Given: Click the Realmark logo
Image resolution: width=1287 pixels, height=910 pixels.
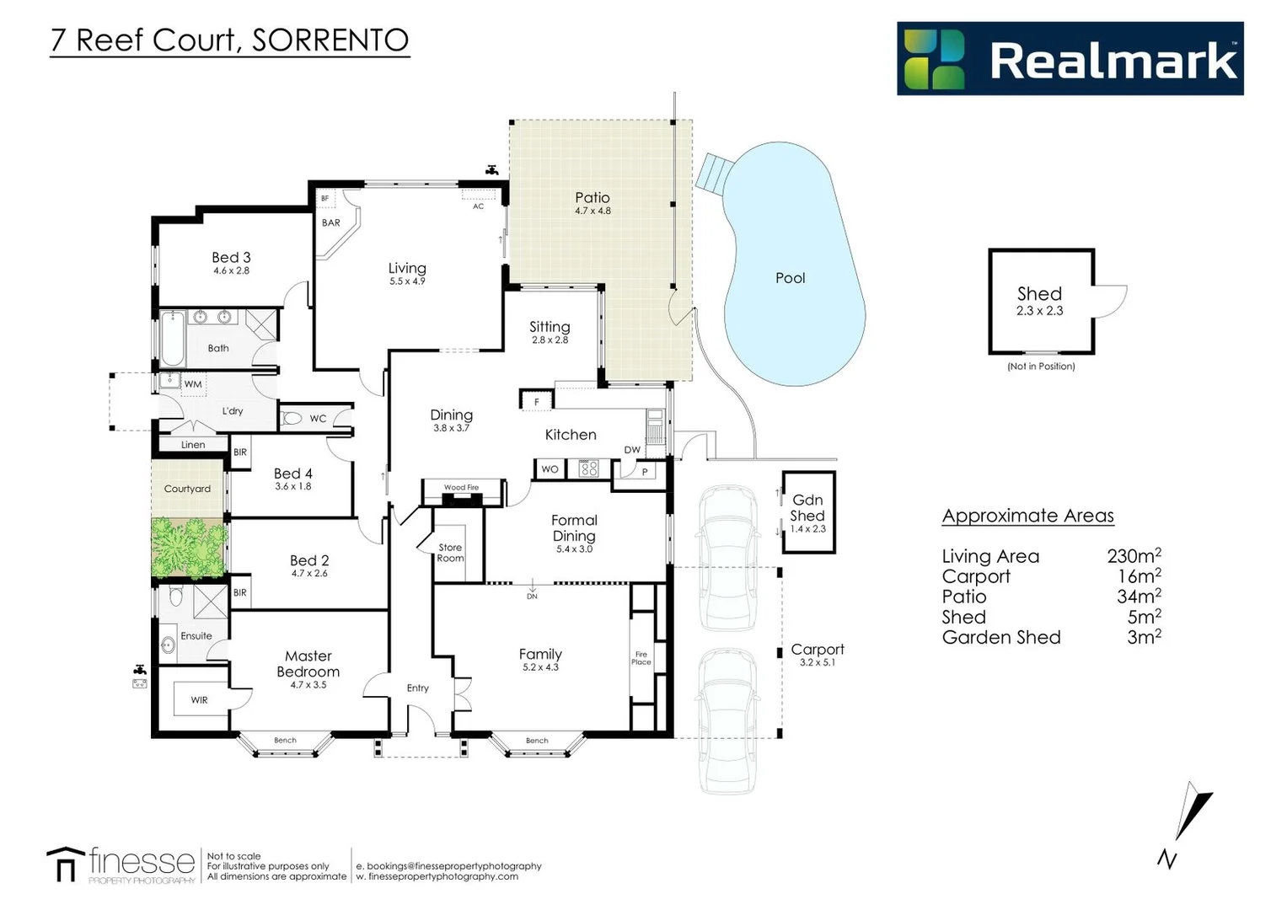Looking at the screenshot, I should [1070, 59].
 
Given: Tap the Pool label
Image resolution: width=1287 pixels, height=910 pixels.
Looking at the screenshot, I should [790, 278].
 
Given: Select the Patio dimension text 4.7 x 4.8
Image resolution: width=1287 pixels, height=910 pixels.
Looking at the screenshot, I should [593, 211].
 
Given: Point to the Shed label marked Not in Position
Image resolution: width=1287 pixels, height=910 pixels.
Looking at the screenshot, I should [1039, 294].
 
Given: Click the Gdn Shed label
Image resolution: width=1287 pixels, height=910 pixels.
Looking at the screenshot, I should [807, 507].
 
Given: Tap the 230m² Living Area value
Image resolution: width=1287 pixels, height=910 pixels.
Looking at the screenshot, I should [1134, 556].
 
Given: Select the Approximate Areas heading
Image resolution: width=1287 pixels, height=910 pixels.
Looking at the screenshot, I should [1027, 516].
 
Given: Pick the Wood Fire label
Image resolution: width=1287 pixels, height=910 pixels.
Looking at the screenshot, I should [461, 488].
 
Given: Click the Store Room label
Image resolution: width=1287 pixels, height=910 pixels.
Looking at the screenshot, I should [450, 553].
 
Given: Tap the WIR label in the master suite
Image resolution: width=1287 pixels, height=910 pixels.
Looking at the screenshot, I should [199, 700].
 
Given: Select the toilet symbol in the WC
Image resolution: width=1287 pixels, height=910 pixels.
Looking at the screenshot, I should [292, 418].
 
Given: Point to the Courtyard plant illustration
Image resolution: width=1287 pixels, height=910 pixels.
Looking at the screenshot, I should [188, 548].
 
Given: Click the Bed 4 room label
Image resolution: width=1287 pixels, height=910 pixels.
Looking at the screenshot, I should [292, 474].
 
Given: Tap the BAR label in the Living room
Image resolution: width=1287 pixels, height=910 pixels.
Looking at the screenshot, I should [331, 223].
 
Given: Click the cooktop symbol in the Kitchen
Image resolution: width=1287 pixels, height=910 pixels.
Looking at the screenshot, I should [588, 468].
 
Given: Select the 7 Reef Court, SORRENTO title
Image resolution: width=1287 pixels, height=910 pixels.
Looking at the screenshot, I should [229, 40].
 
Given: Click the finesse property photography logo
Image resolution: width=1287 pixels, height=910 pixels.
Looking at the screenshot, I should [122, 864].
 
